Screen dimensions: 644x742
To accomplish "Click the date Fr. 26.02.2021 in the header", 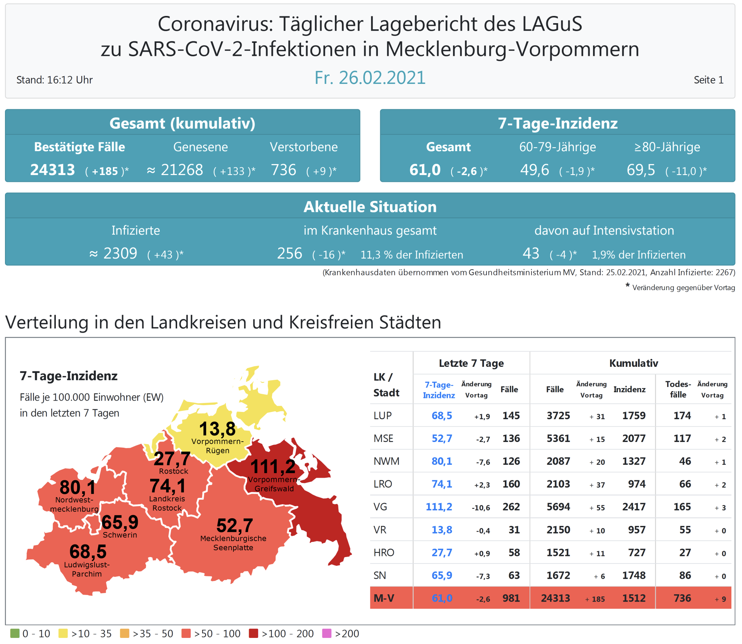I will [x=370, y=78].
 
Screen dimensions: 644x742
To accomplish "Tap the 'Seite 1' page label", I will [x=708, y=80].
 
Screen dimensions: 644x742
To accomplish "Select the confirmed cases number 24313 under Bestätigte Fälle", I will [x=52, y=170].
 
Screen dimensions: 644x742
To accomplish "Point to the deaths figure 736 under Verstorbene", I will [x=283, y=170].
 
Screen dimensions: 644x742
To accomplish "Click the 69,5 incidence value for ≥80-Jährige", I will [x=641, y=170].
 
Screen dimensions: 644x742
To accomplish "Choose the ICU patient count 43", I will [x=531, y=253].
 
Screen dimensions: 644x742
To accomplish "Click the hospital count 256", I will [x=289, y=253].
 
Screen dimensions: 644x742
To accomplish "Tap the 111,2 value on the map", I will [x=273, y=466].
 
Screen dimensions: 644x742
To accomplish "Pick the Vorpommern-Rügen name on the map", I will [x=217, y=446].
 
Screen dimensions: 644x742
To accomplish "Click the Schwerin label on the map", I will [x=120, y=535].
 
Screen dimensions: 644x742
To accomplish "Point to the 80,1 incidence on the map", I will [x=78, y=487].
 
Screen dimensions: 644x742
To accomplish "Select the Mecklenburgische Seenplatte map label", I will [x=233, y=543].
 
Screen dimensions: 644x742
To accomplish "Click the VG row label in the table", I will [x=380, y=507].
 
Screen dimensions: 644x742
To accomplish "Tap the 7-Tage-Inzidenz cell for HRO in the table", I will [x=442, y=552].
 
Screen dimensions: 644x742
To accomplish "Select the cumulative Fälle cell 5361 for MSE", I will [x=558, y=439].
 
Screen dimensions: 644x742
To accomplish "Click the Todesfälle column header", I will [x=678, y=389].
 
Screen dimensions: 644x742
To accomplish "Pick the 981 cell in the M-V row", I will [x=511, y=598].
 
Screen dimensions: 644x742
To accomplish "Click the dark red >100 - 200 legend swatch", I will [x=253, y=633].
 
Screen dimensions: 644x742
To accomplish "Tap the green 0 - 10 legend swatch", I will [x=14, y=633].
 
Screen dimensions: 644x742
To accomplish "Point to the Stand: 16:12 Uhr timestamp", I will [x=54, y=80].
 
